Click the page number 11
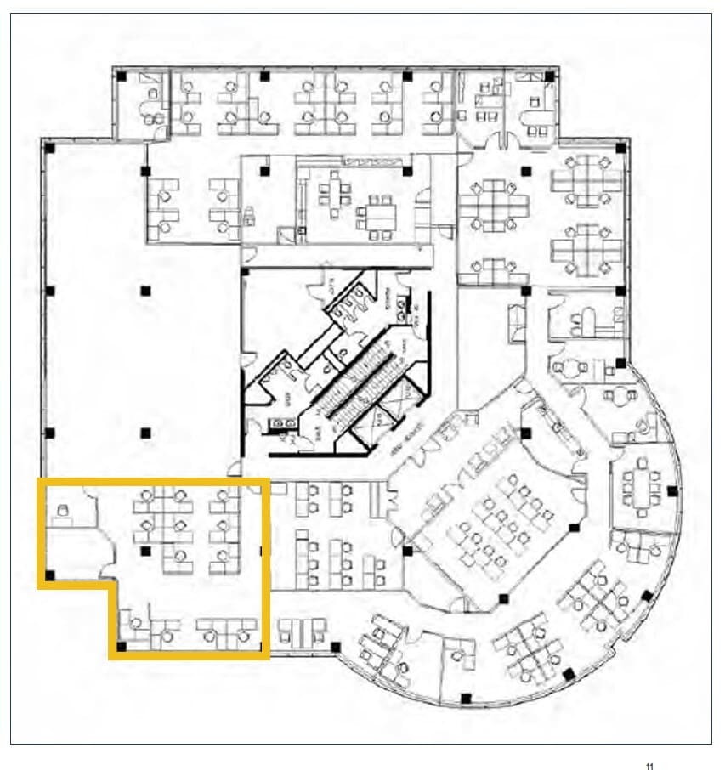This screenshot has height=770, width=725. [x=649, y=766]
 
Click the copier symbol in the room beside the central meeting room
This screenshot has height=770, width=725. [x=250, y=218]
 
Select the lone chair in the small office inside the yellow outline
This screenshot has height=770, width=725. [x=61, y=512]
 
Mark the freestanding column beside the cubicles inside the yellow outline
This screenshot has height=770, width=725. [x=146, y=551]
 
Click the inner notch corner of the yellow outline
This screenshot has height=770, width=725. [x=112, y=585]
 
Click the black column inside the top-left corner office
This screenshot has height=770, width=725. [x=122, y=76]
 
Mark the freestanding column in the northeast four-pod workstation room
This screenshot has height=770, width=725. [x=526, y=171]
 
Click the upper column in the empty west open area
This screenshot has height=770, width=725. [x=145, y=290]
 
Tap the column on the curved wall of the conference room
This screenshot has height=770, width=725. [x=673, y=490]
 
